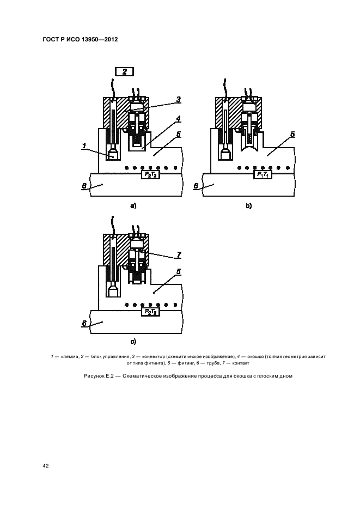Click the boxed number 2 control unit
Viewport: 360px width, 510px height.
(x=125, y=71)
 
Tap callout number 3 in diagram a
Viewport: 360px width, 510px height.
(x=179, y=100)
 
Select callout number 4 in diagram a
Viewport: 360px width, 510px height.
(x=178, y=119)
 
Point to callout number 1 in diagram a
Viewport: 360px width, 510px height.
(x=84, y=146)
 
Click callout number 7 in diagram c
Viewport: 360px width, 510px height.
(x=179, y=254)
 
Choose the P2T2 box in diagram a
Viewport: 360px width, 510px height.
(x=150, y=175)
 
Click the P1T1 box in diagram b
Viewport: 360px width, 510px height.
(x=262, y=175)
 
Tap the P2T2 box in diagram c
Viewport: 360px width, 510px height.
(x=150, y=312)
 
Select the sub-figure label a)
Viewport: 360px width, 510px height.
(x=133, y=206)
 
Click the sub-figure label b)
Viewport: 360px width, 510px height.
(x=249, y=206)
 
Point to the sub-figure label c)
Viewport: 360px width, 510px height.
(x=133, y=342)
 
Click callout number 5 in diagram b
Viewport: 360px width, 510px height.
(x=292, y=134)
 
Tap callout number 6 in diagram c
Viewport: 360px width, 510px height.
(x=84, y=323)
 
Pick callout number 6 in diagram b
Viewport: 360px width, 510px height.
(x=196, y=186)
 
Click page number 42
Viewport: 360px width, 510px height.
(x=46, y=466)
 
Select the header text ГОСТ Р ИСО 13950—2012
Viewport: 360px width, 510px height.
(x=80, y=40)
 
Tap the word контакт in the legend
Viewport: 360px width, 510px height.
(x=241, y=363)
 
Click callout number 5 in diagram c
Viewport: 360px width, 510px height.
(x=178, y=271)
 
